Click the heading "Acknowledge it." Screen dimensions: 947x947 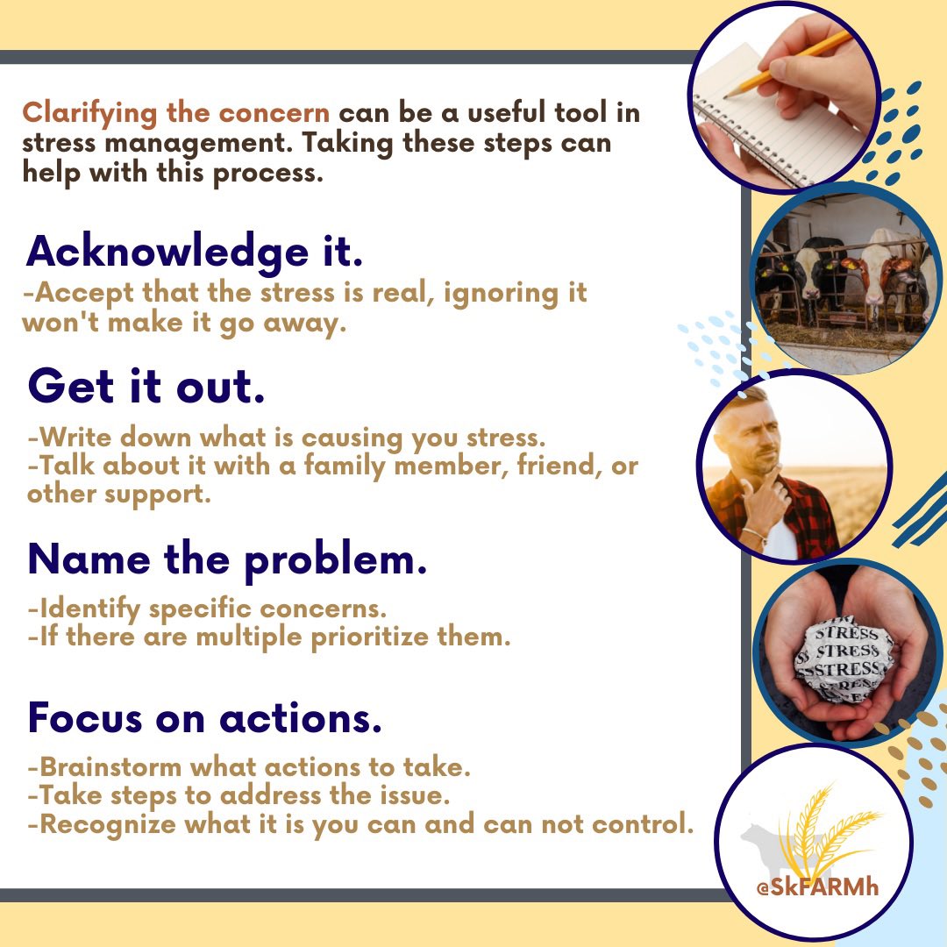tap(194, 253)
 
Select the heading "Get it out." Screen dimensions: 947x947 tap(146, 387)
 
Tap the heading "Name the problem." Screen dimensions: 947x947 tap(227, 559)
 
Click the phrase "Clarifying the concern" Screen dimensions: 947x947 tap(176, 113)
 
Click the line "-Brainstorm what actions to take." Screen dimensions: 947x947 tap(249, 768)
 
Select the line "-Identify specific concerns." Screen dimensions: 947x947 tap(207, 608)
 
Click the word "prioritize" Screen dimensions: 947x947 tap(369, 637)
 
